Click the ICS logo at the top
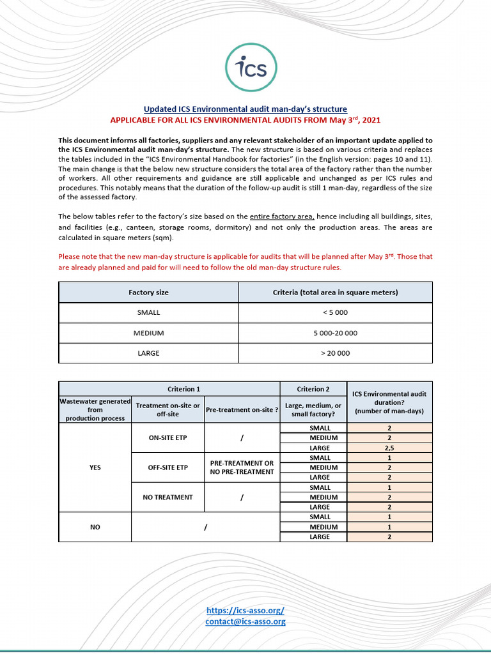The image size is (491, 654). coord(245,68)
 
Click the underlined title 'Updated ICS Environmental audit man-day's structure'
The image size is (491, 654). coord(245,109)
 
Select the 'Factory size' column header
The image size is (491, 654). coord(148,293)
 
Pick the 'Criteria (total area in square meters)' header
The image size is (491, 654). coord(335,293)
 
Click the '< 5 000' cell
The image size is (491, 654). coord(335,312)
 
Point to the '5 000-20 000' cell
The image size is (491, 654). coord(335,333)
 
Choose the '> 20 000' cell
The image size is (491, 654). coord(335,353)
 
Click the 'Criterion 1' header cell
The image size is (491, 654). coord(169,389)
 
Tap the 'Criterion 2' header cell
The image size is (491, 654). coord(313,389)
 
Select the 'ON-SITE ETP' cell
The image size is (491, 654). coord(168,438)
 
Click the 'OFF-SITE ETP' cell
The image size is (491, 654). coord(168,468)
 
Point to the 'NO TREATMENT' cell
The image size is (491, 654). coord(168,497)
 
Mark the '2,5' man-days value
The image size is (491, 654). coord(389,448)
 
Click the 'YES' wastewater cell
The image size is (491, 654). coord(95,468)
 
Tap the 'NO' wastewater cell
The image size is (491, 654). coord(95,527)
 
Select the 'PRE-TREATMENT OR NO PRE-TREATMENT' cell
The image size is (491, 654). coord(242,468)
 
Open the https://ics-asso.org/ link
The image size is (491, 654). coord(245,611)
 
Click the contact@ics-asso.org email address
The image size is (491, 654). coord(245,621)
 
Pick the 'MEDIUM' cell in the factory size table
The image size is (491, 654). coord(148,333)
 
